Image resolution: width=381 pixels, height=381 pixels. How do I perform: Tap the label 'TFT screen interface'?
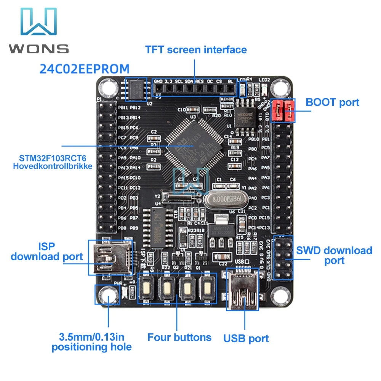[196, 50]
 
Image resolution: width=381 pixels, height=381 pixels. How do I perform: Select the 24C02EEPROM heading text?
[85, 69]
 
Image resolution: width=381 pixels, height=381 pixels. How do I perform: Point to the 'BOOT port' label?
[332, 102]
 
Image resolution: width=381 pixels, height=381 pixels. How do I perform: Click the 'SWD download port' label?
[334, 255]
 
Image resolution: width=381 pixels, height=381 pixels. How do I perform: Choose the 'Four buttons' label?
[179, 337]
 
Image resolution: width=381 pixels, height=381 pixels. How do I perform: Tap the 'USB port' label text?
[246, 338]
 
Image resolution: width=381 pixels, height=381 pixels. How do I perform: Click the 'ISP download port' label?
[46, 251]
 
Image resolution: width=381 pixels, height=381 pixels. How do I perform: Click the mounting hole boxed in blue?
[107, 295]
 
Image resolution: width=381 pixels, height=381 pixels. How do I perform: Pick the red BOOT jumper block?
[283, 110]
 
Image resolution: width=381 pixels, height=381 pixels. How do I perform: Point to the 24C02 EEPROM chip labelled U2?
[136, 90]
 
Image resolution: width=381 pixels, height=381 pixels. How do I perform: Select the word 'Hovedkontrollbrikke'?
[53, 166]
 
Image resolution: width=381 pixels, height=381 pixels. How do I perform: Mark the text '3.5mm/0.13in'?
[92, 337]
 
